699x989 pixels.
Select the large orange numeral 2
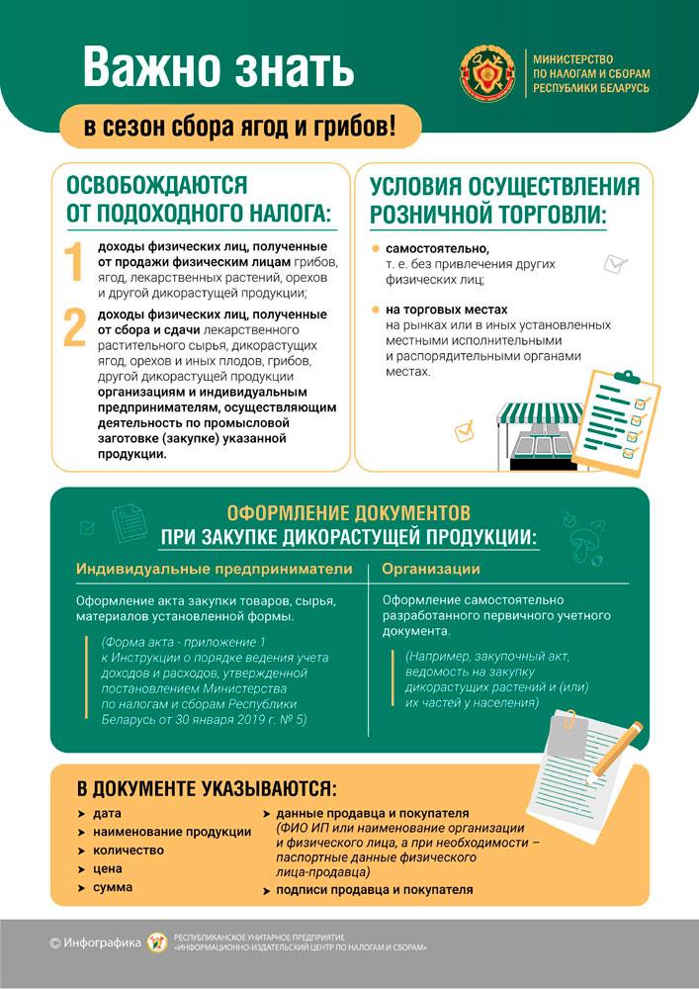(x=75, y=328)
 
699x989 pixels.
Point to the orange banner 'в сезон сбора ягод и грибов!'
(x=240, y=127)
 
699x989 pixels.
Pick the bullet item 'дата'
(x=107, y=813)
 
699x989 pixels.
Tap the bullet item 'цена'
(x=108, y=868)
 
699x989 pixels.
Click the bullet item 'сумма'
(x=113, y=887)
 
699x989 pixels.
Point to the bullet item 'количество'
(x=129, y=850)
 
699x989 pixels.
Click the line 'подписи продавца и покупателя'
(x=375, y=890)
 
